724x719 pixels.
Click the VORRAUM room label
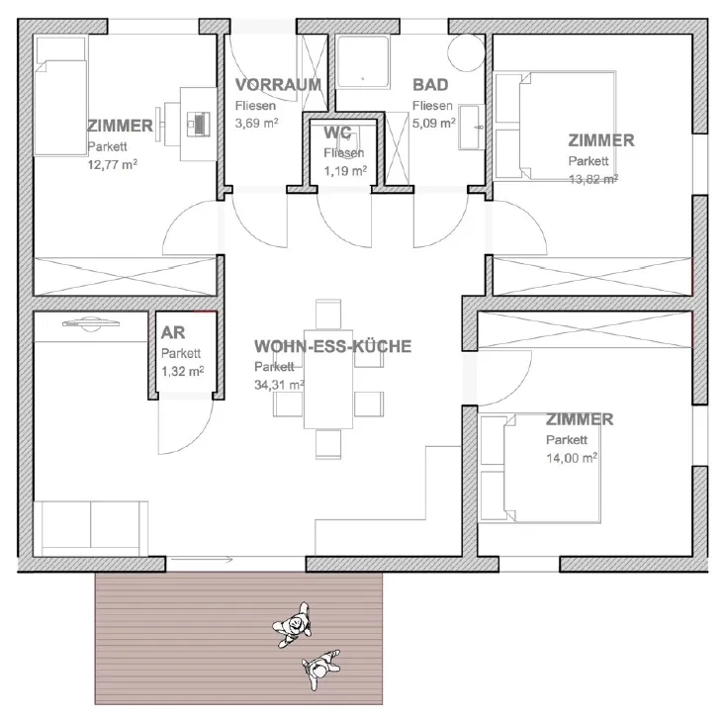(x=278, y=85)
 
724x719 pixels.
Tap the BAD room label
(x=430, y=85)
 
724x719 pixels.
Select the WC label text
(x=337, y=133)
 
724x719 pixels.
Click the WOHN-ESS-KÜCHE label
(x=332, y=346)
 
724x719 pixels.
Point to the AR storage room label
(x=173, y=332)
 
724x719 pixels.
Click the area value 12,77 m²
(x=112, y=164)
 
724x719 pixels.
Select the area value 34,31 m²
(x=279, y=384)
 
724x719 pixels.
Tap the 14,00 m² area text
(x=572, y=458)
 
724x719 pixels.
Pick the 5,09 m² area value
(x=433, y=124)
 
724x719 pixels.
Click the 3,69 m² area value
(x=256, y=124)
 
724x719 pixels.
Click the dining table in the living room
(x=328, y=379)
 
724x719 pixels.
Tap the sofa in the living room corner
(x=91, y=529)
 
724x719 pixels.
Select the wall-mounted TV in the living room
(x=91, y=324)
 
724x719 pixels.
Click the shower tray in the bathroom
(x=363, y=61)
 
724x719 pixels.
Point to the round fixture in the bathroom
(x=466, y=52)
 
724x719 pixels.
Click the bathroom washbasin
(x=471, y=127)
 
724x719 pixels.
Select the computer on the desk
(x=199, y=124)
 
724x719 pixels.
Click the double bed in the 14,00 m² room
(x=540, y=468)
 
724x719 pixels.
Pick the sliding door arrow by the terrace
(x=202, y=560)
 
